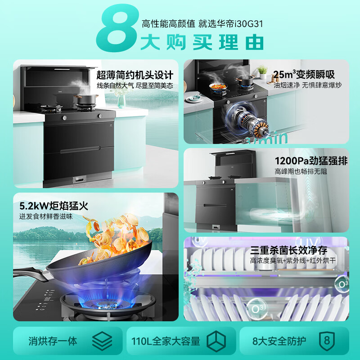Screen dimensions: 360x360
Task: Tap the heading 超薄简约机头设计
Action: coord(135,74)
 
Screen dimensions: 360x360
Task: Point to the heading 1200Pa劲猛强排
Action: coord(311,161)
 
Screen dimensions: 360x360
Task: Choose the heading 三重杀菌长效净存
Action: coord(295,250)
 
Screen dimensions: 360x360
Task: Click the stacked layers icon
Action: coord(102,341)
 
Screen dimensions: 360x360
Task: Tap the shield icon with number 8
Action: coord(327,341)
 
